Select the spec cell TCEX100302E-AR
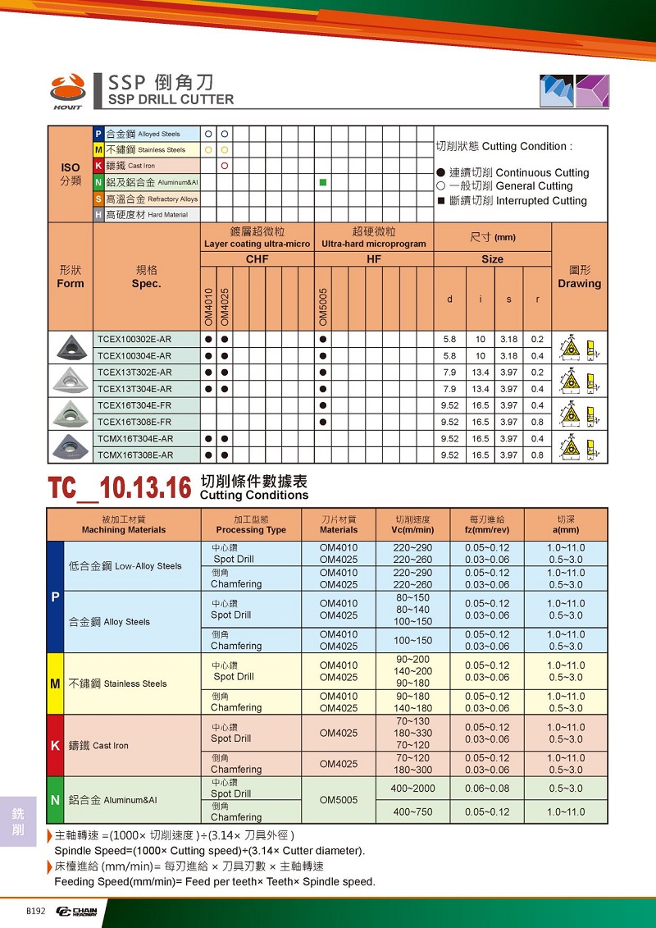[134, 340]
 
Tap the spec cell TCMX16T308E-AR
[135, 455]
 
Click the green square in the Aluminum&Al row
[323, 181]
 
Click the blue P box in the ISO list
[98, 134]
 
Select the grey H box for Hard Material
[98, 214]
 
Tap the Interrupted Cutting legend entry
[513, 201]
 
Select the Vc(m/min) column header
[412, 524]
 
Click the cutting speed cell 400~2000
[413, 789]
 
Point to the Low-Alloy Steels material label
[125, 566]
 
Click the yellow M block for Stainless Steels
[55, 683]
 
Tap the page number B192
[35, 911]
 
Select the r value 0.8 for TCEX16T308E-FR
[537, 422]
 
